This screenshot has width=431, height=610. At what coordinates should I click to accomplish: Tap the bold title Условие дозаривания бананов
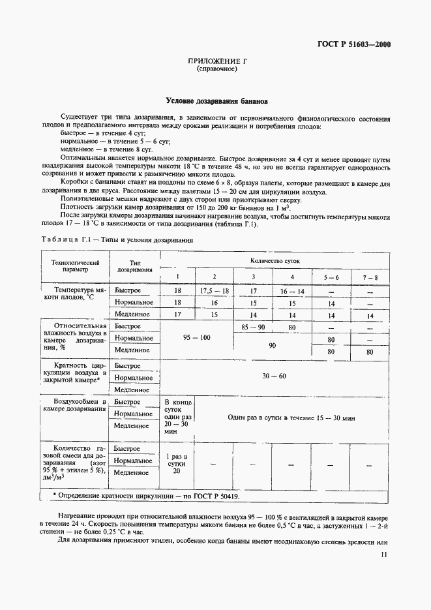[216, 102]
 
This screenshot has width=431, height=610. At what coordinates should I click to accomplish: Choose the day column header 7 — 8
[370, 277]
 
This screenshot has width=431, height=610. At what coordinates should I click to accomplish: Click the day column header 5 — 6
[331, 277]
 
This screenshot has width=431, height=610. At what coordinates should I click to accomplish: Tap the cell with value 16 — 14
[291, 290]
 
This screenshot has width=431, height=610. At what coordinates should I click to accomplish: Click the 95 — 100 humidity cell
[196, 337]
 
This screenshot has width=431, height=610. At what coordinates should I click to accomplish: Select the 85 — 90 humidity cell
[253, 326]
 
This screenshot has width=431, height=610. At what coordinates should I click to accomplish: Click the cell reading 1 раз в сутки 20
[177, 462]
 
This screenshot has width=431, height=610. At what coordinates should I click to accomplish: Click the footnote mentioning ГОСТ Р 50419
[146, 496]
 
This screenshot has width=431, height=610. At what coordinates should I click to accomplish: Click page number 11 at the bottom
[384, 555]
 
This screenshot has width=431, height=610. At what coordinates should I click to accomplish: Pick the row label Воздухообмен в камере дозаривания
[73, 406]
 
